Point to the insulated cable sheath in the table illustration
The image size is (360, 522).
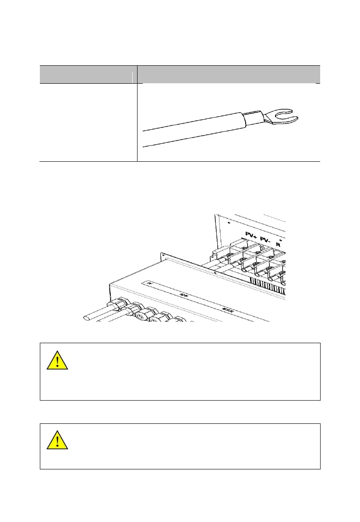[193, 129]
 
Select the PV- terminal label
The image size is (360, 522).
[266, 240]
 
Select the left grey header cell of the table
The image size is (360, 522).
[88, 74]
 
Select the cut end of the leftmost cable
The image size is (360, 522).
[86, 317]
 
